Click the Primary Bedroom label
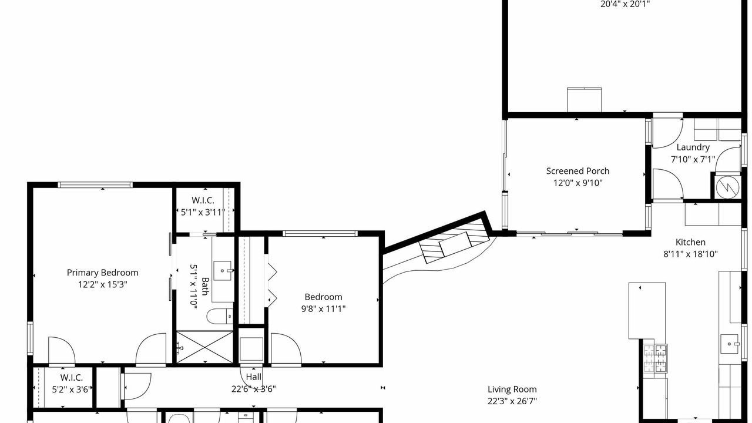tap(102, 273)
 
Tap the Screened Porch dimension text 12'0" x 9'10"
tap(578, 183)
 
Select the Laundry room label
tap(693, 147)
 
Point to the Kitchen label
tap(690, 242)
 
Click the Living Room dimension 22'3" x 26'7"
tap(512, 401)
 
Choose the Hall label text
tap(253, 377)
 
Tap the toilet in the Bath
tap(220, 316)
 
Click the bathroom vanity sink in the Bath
tap(223, 271)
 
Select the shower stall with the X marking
tap(205, 347)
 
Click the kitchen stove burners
tap(655, 359)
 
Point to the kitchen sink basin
tap(729, 344)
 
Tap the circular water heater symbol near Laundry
tap(727, 187)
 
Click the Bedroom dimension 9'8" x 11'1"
tap(323, 309)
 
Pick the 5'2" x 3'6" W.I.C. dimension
tap(72, 390)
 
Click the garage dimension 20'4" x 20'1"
tap(625, 4)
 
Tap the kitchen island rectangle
tap(647, 311)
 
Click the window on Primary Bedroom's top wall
tap(95, 184)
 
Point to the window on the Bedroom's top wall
tap(320, 233)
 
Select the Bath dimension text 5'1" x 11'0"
tap(194, 286)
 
